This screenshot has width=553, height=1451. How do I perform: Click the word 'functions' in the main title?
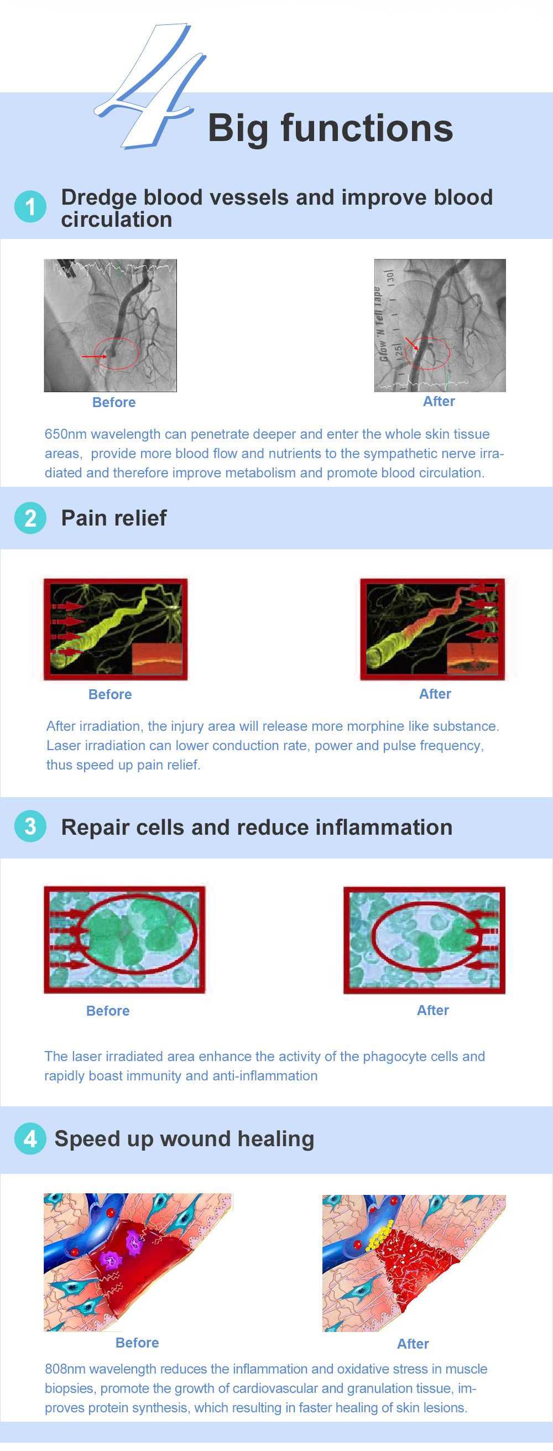[367, 128]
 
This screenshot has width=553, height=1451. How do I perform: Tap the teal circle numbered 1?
[30, 207]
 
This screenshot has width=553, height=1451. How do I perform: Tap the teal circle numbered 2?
[30, 518]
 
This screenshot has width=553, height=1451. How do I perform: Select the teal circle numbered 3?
[30, 826]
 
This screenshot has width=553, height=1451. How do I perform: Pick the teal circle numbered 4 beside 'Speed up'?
[30, 1138]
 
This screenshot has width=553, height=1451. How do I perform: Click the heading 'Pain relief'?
[114, 518]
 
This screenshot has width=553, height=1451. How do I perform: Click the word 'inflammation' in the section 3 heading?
[384, 827]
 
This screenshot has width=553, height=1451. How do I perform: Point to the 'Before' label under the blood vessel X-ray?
[114, 402]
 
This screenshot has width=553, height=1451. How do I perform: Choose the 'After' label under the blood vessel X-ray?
[439, 401]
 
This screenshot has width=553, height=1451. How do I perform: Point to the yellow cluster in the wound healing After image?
[378, 1238]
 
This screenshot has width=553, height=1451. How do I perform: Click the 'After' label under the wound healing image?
[413, 1344]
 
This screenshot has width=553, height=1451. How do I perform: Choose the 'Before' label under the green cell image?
[108, 1011]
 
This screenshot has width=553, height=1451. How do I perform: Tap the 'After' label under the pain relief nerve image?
[435, 693]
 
